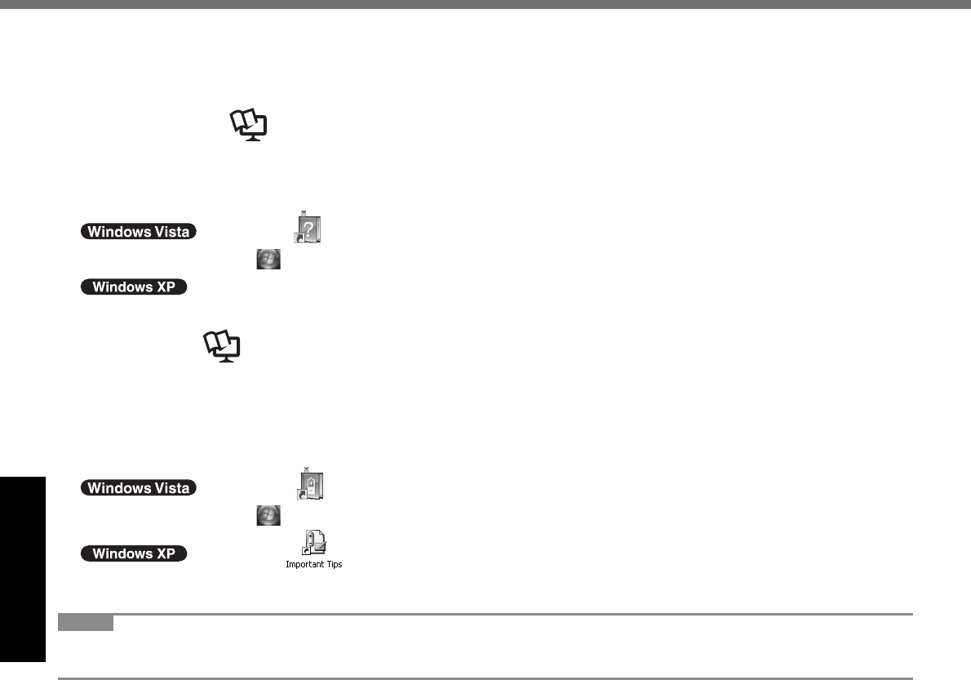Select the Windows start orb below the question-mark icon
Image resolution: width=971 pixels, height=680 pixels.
[268, 259]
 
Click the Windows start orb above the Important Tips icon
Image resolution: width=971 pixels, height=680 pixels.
[268, 514]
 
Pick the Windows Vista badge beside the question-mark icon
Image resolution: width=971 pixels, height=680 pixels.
[138, 231]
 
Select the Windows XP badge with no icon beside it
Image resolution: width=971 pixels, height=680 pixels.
[134, 287]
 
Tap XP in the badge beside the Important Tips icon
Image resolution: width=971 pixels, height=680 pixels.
[166, 553]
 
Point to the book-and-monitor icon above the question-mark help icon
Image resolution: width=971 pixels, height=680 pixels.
[248, 127]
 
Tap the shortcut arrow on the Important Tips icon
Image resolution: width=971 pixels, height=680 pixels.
[306, 551]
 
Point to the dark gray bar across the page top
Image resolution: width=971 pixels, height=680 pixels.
[485, 4]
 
